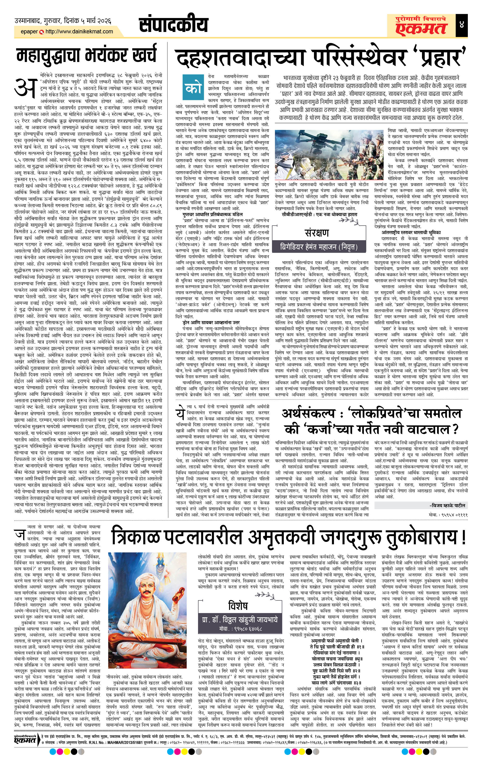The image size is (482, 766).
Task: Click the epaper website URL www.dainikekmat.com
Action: [x=79, y=31]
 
